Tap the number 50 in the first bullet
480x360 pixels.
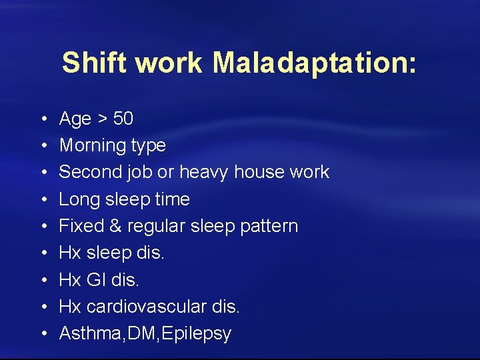[123, 119]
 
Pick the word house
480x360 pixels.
[260, 172]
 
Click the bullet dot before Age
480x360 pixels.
[42, 119]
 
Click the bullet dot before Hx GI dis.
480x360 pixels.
[42, 281]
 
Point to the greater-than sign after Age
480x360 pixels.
[102, 119]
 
